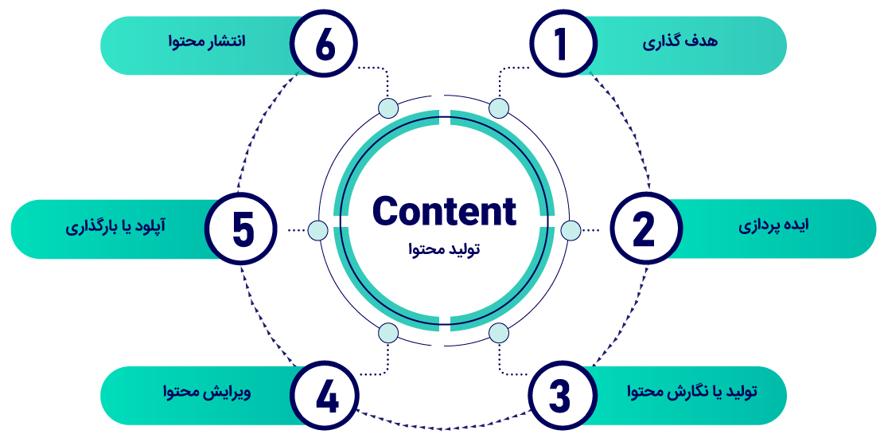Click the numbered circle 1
point(563,45)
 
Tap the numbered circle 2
point(643,229)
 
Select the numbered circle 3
point(563,395)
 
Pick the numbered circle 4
point(325,395)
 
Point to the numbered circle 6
point(325,45)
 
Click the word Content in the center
point(444,212)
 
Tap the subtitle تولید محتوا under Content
point(443,250)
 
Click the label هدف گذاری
point(680,41)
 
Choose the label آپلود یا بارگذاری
point(116,226)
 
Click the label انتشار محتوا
point(206,41)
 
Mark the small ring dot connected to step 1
point(499,108)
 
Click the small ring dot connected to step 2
point(571,230)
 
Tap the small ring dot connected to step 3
point(499,332)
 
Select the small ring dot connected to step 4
point(388,332)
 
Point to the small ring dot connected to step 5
point(317,230)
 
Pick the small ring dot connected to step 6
point(388,108)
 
